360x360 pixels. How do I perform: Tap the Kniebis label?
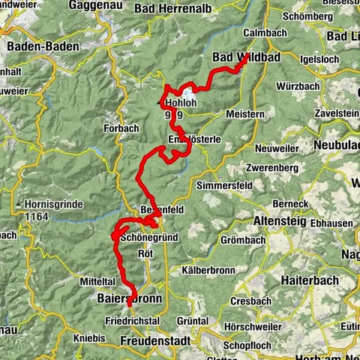[x=90, y=338]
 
